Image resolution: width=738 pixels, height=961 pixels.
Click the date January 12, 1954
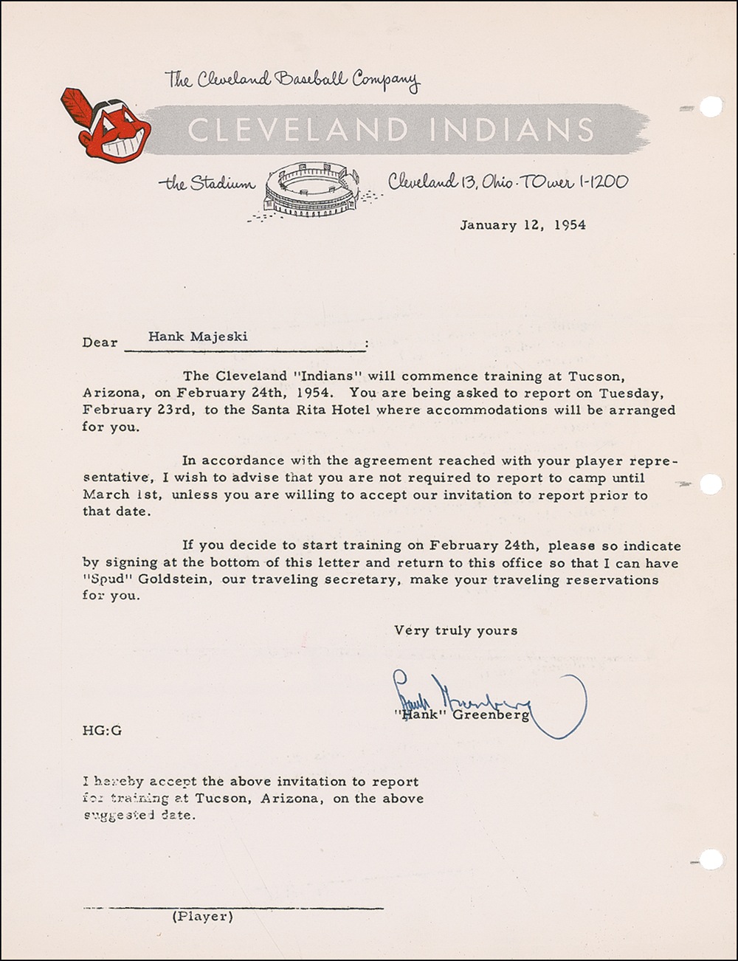coord(523,225)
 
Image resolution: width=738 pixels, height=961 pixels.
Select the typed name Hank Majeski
coord(198,337)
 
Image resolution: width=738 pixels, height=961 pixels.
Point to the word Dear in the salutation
coord(100,342)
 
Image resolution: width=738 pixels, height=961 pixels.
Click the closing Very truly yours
coord(455,630)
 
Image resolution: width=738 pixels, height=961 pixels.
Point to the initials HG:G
coord(102,731)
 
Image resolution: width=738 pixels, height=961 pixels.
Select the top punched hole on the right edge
coord(710,107)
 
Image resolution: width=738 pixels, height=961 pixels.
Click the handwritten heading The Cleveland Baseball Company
coord(292,80)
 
